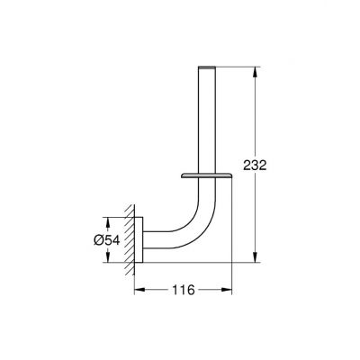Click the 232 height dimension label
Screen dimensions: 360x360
coord(255,166)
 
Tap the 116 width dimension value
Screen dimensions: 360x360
coord(184,290)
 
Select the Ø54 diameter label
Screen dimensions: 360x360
coord(107,240)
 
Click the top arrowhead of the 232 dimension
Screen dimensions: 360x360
coord(255,72)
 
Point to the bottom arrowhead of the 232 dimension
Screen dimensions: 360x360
coord(255,256)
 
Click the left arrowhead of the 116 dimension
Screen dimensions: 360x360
coord(139,290)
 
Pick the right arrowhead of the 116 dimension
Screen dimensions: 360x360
coord(227,290)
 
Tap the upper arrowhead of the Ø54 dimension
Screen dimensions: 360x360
coord(108,223)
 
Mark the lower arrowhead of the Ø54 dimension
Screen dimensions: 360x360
coord(108,256)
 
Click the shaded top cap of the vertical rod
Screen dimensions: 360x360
coord(207,67)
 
